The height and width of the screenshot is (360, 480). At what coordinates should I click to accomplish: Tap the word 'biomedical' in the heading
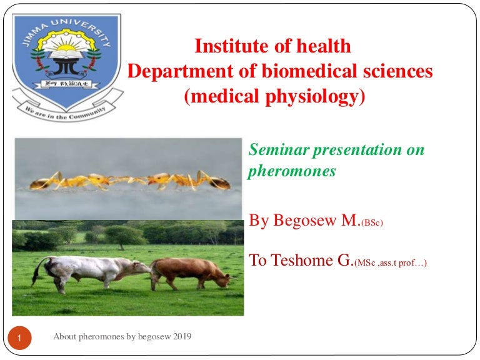[x=309, y=71]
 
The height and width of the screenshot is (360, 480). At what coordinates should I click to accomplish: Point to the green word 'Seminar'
[x=279, y=150]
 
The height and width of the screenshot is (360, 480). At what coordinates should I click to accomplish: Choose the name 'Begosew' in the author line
[x=304, y=221]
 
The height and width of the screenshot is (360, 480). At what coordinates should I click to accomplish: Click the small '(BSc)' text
[x=372, y=222]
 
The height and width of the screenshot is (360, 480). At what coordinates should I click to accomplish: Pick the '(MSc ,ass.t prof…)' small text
[x=390, y=262]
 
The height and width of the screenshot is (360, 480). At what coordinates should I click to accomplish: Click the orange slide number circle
[x=19, y=338]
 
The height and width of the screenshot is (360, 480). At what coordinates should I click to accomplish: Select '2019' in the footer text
[x=182, y=336]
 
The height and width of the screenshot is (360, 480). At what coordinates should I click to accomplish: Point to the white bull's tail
[x=39, y=271]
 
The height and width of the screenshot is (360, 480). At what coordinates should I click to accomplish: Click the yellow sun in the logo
[x=66, y=47]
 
